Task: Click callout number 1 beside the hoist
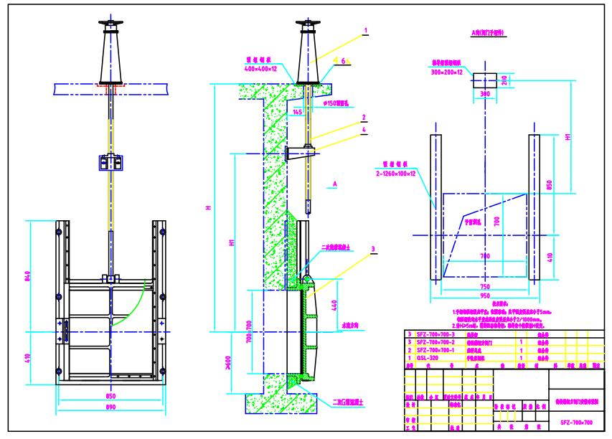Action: tap(365, 31)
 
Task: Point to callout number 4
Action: tap(365, 130)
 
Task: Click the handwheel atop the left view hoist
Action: tap(110, 27)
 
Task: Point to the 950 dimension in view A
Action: tap(484, 296)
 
